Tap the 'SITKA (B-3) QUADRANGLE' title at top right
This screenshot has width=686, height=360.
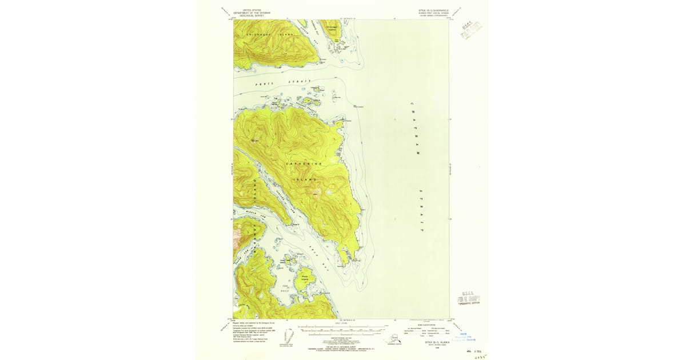point(433,10)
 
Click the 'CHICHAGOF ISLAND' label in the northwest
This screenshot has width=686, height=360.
point(269,35)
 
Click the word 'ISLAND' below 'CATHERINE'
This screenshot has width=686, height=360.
point(304,179)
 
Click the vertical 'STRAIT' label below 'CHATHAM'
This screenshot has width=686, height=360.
point(421,210)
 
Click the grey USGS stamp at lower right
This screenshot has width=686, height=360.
point(468,298)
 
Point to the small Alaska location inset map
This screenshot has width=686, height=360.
point(393,340)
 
